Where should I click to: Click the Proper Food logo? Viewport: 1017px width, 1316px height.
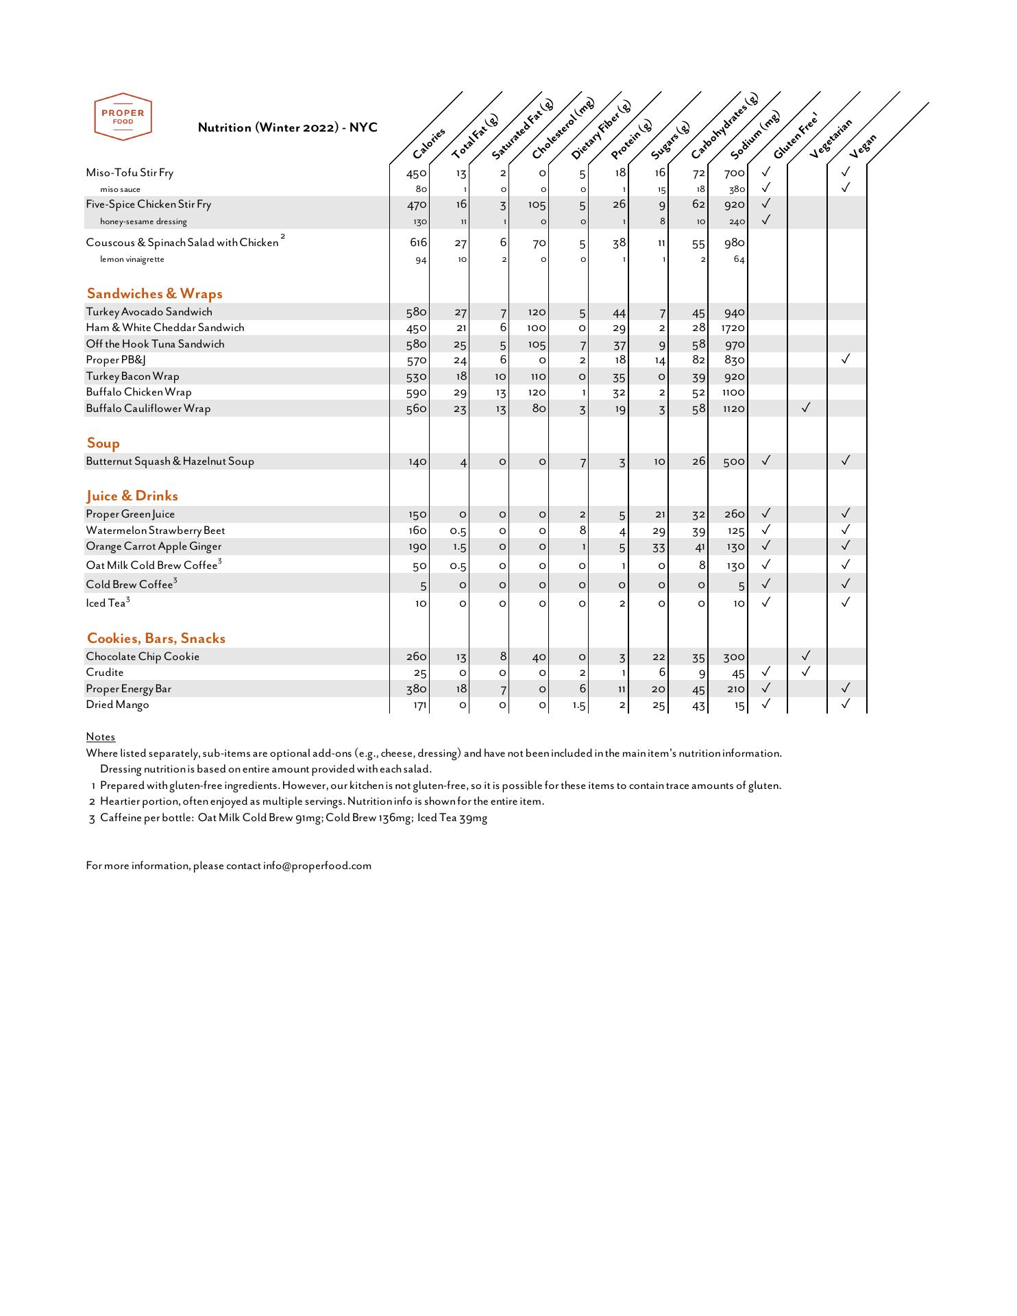[123, 117]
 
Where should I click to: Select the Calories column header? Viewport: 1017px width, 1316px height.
[430, 143]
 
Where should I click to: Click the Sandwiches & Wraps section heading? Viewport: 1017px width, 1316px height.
[154, 294]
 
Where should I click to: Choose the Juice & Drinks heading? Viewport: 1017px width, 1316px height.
[132, 496]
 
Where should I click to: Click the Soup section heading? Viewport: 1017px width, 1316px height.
[103, 443]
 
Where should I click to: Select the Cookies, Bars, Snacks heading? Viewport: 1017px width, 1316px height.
[156, 639]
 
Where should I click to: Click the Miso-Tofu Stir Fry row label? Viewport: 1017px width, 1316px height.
[130, 173]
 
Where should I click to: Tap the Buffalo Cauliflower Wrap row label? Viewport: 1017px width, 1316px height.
[148, 409]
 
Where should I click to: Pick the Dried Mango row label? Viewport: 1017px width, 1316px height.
[117, 705]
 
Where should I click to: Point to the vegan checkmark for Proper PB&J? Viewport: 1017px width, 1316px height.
[846, 358]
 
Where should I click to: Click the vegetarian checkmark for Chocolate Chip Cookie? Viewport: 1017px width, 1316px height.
[806, 655]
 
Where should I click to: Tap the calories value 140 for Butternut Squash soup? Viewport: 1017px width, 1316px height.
[417, 462]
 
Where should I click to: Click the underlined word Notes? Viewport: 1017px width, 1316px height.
[101, 737]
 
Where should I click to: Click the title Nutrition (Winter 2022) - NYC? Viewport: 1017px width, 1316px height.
[287, 127]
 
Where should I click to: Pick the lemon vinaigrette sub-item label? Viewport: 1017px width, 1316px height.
[132, 260]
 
